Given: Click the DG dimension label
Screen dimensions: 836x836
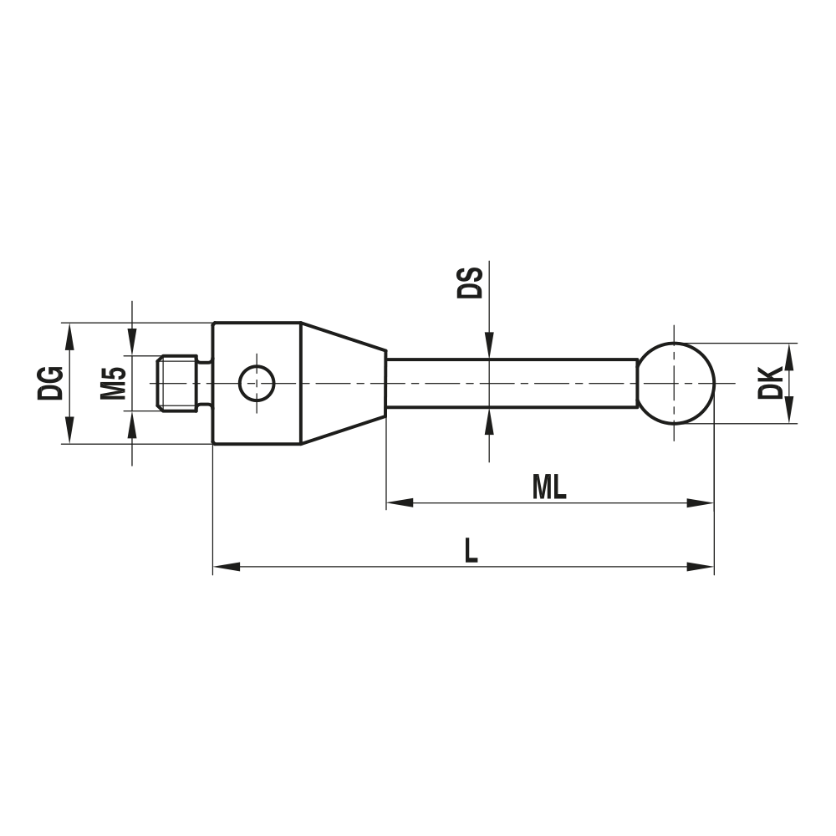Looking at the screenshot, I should pos(51,383).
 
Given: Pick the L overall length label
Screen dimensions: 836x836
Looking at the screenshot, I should pos(472,551).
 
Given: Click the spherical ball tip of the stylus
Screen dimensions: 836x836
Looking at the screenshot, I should pos(676,383).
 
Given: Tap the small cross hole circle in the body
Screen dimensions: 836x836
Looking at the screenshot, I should pos(256,383).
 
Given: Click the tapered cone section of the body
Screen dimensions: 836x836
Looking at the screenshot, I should pos(343,383).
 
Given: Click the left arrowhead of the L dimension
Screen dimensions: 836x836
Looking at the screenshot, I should pos(227,567).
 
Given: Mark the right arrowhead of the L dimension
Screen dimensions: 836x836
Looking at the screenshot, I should pos(701,567).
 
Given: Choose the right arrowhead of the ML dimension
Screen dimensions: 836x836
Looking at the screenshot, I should pos(701,503).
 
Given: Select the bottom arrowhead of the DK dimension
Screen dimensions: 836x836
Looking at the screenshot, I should pos(790,410).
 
